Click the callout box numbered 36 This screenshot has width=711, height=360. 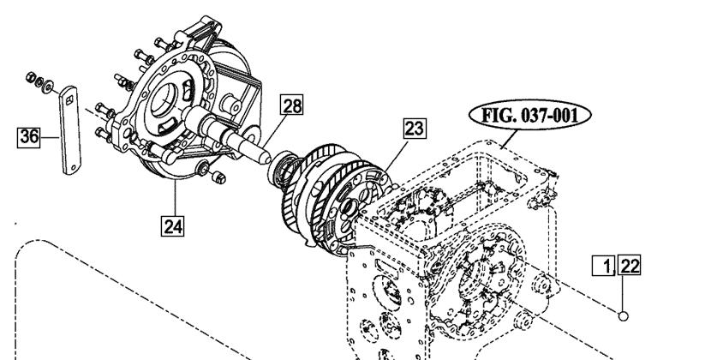pos(28,136)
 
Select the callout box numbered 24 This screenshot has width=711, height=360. pos(173,225)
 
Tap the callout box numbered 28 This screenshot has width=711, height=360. pos(291,105)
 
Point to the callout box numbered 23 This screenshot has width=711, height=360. pos(415,129)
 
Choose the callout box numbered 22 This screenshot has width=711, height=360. pos(629,265)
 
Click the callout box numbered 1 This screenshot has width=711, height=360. pos(604,266)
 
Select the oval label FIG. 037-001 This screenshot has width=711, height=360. pos(529,116)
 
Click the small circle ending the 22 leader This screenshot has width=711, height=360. pos(623,316)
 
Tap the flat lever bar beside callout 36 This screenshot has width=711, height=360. pos(70,130)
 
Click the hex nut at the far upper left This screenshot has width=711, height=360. pos(32,76)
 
